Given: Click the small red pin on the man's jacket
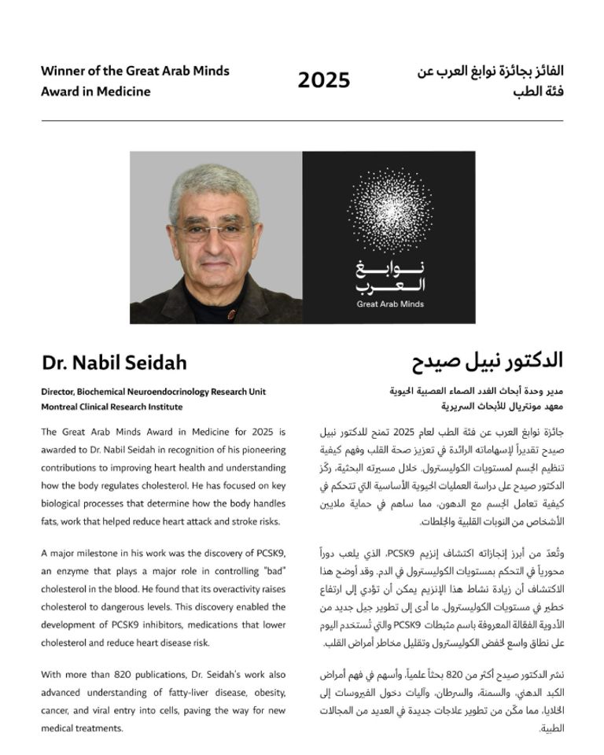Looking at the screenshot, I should tap(231, 314).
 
